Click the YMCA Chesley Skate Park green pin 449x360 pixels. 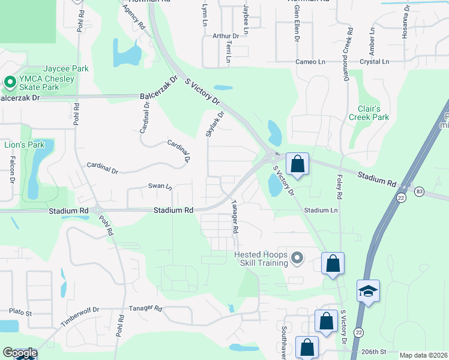tap(10, 82)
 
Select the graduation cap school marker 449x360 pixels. tap(367, 292)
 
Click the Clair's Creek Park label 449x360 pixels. tap(369, 113)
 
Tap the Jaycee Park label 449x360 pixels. tap(65, 68)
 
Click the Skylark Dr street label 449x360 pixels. tap(214, 124)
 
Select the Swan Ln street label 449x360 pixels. tap(160, 187)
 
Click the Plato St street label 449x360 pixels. tap(20, 312)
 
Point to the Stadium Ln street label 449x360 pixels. tap(321, 211)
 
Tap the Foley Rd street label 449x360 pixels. tap(339, 188)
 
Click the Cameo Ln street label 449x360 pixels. tap(310, 62)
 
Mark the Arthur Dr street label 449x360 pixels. tap(226, 36)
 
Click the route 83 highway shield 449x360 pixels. tap(419, 191)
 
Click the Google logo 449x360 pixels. tap(19, 353)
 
